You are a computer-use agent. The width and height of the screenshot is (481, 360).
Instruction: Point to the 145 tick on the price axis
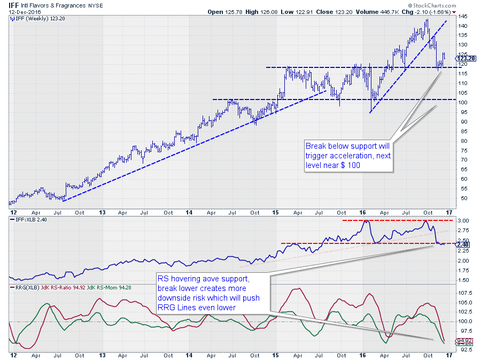click(461, 17)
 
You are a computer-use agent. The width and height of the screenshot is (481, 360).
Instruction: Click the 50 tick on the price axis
click(460, 198)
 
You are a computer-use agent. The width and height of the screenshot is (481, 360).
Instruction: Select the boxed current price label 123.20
click(463, 58)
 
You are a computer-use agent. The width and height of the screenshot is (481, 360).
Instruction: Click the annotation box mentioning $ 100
click(347, 156)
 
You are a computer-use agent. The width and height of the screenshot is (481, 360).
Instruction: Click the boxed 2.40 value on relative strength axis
click(463, 244)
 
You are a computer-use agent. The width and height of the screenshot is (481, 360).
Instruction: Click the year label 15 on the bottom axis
click(275, 354)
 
